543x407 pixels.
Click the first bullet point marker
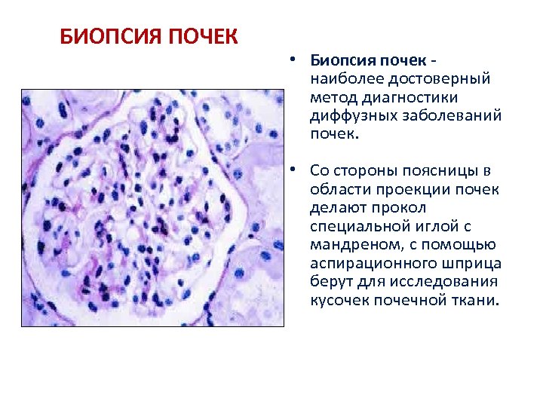[x=290, y=60]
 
